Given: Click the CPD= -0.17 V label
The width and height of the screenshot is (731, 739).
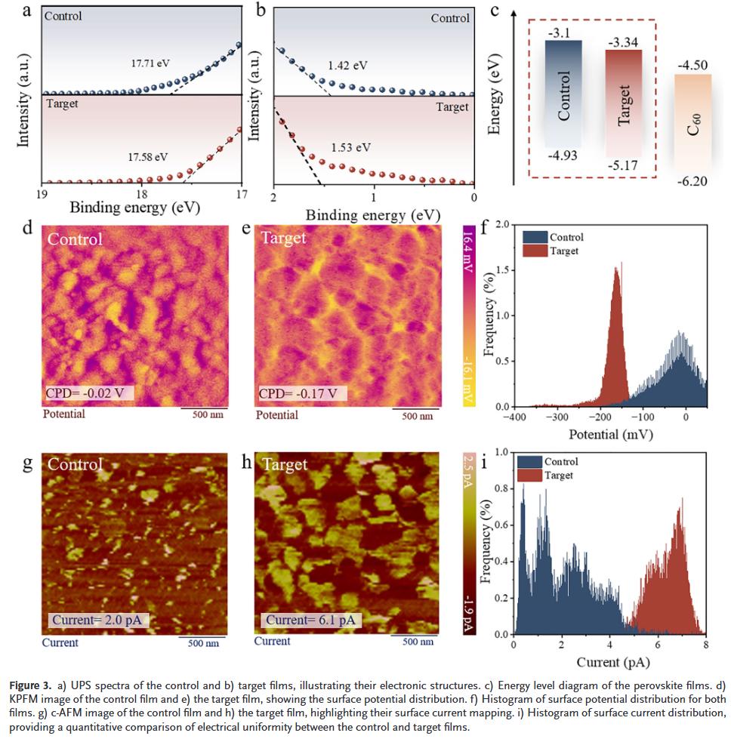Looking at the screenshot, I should [x=303, y=393].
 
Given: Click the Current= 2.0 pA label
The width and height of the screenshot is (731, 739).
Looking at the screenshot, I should [x=99, y=620].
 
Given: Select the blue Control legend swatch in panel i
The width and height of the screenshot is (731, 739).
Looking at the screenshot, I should [x=531, y=461].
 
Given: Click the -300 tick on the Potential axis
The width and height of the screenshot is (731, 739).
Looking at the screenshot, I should [x=557, y=417].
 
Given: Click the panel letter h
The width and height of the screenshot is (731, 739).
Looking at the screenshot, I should [x=246, y=463].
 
